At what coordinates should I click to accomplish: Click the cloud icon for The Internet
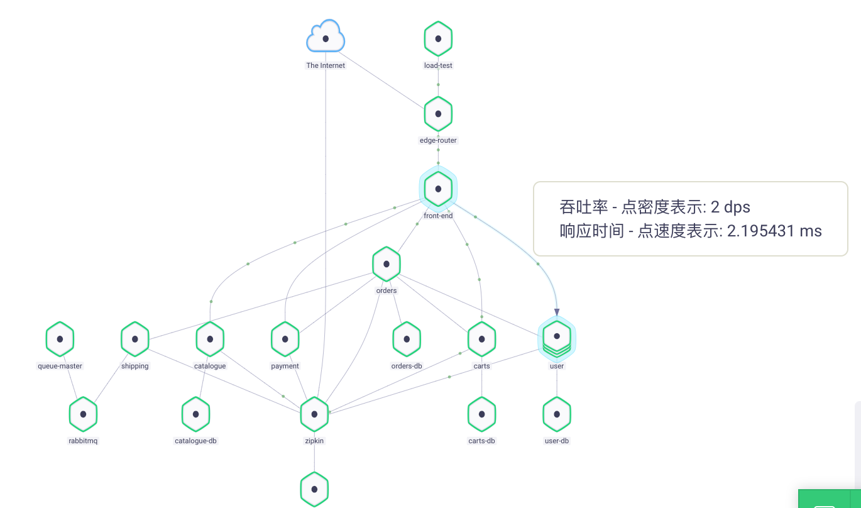pos(326,38)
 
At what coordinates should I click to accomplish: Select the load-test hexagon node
pos(438,38)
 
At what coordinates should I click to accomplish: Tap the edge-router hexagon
pos(438,114)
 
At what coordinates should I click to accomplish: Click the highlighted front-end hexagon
pos(438,189)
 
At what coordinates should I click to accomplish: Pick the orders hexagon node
pos(387,264)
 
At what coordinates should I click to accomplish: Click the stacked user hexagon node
pos(557,338)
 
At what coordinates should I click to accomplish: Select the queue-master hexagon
pos(60,339)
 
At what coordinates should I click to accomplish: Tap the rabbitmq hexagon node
pos(83,414)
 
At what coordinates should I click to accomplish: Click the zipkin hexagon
pos(314,414)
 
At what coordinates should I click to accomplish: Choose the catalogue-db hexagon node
pos(195,414)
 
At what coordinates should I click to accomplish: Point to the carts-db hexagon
pos(481,414)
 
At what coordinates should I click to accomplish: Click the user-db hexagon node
pos(557,414)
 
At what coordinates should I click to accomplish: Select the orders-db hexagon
pos(407,339)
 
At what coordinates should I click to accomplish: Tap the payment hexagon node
pos(285,339)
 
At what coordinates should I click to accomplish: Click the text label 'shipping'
pos(135,366)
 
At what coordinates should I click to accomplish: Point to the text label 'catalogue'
pos(210,366)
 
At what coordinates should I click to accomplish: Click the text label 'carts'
pos(481,366)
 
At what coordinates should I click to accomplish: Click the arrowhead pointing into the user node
pos(557,312)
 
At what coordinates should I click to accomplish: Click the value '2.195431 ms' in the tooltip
pos(774,231)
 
